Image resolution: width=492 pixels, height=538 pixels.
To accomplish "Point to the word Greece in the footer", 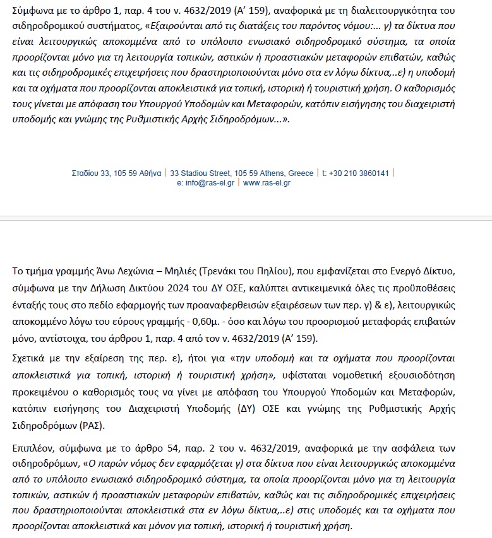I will pyautogui.click(x=300, y=173).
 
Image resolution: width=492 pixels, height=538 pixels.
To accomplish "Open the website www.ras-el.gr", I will pyautogui.click(x=267, y=183).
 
